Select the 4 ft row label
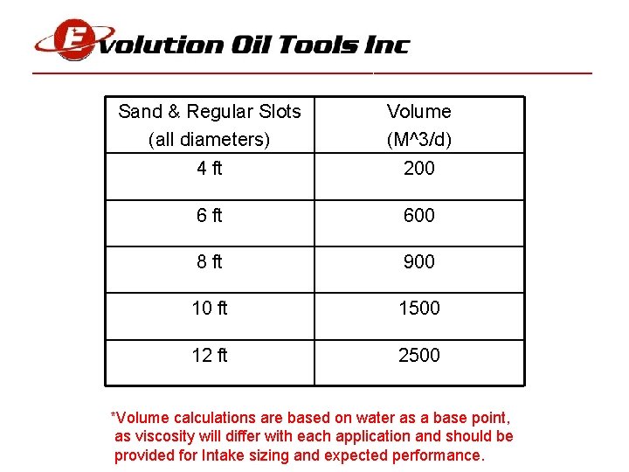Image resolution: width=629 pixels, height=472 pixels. (210, 169)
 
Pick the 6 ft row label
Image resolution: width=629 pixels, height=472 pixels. (210, 215)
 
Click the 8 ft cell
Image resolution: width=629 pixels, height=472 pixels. (210, 261)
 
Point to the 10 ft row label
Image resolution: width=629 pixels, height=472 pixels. (210, 308)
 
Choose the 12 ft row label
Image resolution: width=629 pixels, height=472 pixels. (210, 355)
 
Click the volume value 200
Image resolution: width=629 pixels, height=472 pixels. (419, 169)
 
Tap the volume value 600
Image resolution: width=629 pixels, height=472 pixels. (419, 215)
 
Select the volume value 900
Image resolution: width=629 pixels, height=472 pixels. (419, 261)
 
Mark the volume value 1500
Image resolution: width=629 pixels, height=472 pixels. (419, 308)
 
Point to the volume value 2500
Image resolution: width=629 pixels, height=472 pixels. (419, 355)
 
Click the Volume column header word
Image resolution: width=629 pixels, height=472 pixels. (419, 112)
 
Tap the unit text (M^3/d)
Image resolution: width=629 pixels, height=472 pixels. (419, 140)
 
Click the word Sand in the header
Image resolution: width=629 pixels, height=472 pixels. (140, 112)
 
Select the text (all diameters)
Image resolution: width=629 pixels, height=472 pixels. (210, 140)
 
